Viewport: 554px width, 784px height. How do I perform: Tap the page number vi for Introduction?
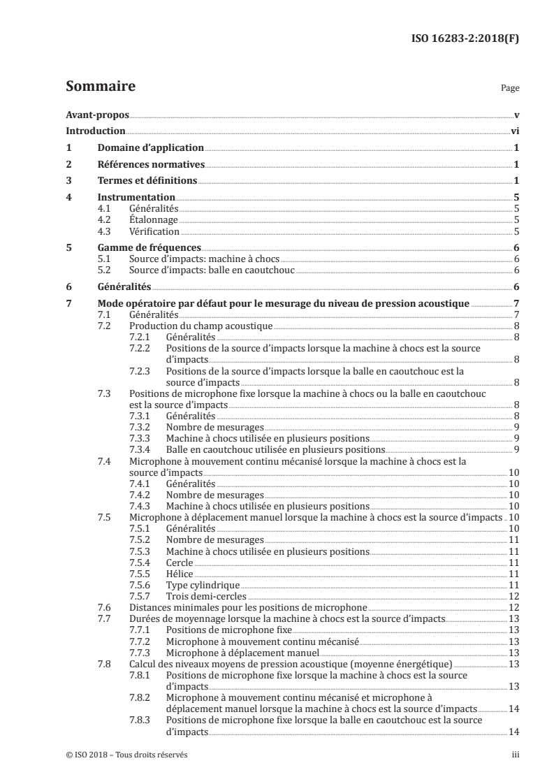click(514, 131)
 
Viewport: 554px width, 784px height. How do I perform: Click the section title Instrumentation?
click(136, 198)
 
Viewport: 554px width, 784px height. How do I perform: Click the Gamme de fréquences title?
click(150, 247)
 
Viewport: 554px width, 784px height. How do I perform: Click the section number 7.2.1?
click(140, 337)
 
